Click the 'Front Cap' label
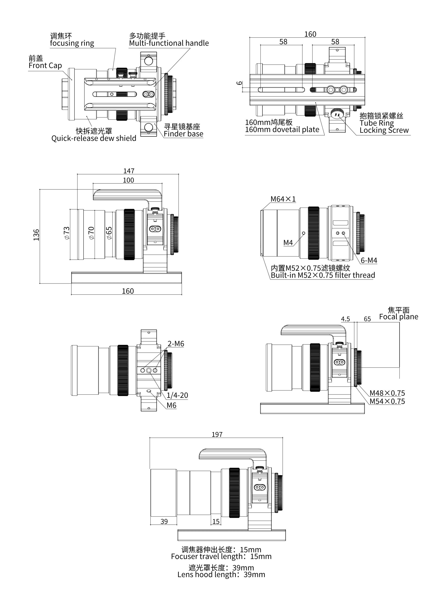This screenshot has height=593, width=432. pos(45,65)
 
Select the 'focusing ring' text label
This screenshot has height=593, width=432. pos(72,43)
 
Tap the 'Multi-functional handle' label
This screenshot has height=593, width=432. pos(169,43)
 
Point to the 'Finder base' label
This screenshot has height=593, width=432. pos(183,134)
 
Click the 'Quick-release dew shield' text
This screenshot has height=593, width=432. pos(94,138)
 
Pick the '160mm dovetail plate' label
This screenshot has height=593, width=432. pos(282,129)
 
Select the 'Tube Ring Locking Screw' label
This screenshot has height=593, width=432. pos(384,126)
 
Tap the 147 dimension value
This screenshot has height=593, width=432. pos(129,171)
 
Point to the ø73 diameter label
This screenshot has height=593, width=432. pos(67,233)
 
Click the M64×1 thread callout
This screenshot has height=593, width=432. pos(283,199)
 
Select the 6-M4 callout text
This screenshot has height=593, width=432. pos(369,260)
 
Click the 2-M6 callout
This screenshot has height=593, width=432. pos(176,344)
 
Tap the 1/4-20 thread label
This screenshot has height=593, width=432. pos(177,395)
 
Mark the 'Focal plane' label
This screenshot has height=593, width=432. pos(398,317)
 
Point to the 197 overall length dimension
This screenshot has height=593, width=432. pos(217,434)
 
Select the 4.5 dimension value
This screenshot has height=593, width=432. pos(345,319)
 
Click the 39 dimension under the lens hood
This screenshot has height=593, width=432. pos(164,521)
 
